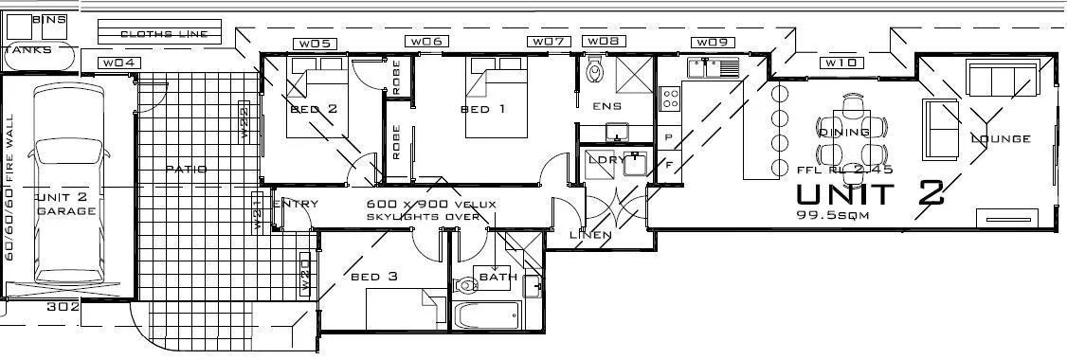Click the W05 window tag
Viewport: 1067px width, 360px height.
coord(315,43)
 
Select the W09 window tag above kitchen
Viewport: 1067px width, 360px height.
coord(711,43)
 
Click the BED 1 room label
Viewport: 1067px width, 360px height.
coord(482,110)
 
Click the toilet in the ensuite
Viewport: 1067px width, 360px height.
coord(595,69)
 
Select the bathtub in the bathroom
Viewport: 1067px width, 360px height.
coord(487,316)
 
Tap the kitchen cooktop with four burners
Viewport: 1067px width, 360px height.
coord(670,97)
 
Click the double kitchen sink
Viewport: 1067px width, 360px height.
coord(714,67)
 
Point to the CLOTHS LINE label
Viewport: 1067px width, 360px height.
coord(164,34)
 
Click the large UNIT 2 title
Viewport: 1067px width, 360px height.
coord(870,193)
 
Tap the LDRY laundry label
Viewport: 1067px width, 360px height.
coord(606,159)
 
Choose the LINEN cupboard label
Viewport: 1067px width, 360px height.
coord(589,234)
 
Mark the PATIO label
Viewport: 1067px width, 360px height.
coord(186,170)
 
